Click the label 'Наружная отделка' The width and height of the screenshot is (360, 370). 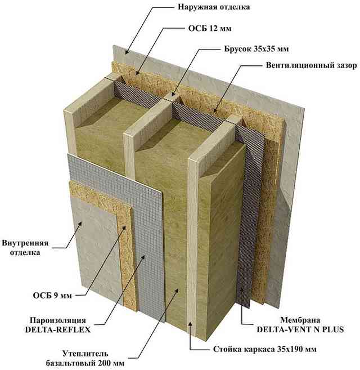point(214,7)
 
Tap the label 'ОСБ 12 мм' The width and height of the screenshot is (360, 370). point(210,29)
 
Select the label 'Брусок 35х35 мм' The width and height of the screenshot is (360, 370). point(256,49)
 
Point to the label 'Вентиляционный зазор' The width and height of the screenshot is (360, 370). point(311,65)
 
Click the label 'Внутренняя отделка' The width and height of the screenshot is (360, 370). point(25,248)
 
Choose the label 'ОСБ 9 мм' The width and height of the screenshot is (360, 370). point(52,296)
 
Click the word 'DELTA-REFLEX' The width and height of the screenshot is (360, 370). point(58,329)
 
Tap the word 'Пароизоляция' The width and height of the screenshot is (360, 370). point(58,320)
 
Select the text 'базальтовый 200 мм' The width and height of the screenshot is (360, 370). point(85,363)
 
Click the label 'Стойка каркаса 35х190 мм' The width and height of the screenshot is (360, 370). point(265,349)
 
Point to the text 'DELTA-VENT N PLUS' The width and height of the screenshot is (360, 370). point(300,329)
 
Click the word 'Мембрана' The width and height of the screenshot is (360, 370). point(300,320)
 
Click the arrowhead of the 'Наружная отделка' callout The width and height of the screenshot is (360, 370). point(127,52)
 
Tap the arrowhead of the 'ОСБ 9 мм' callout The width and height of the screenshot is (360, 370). point(125,228)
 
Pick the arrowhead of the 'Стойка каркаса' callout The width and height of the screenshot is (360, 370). point(191,323)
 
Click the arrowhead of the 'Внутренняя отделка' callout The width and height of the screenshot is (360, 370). point(80,223)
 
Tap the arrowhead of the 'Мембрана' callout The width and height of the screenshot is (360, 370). point(241,290)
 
